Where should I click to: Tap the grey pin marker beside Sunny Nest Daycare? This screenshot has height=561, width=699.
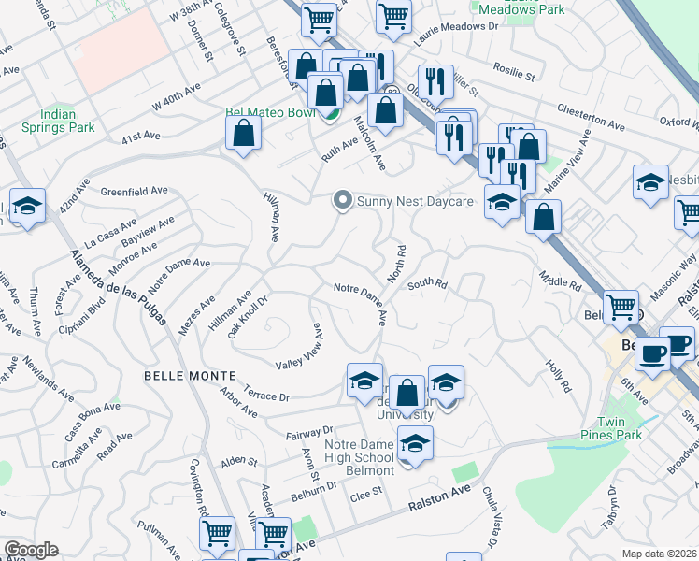click(x=343, y=200)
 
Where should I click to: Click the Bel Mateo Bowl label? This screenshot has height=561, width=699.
click(x=272, y=112)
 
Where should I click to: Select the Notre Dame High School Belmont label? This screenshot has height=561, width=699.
click(x=360, y=457)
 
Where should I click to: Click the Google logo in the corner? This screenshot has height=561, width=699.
click(x=31, y=550)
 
